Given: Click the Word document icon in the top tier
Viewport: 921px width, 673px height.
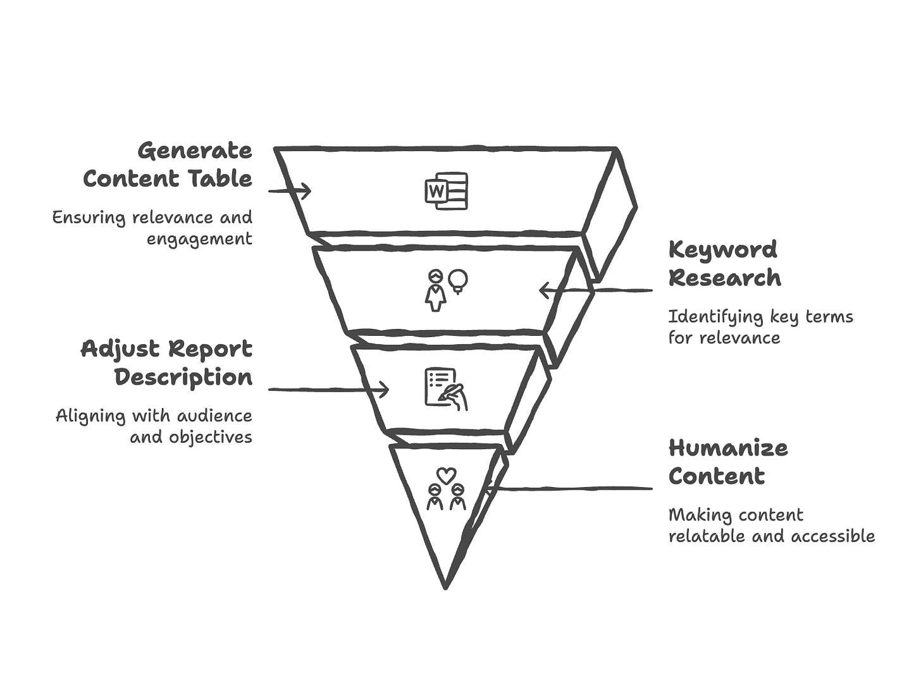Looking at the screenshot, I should click(x=447, y=190).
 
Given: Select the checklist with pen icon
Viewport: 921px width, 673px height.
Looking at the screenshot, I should click(x=445, y=388).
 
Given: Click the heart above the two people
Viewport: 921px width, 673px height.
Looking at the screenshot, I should click(x=446, y=474).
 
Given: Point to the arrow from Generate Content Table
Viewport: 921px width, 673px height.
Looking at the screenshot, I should click(x=290, y=190).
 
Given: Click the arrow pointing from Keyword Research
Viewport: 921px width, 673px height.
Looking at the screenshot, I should click(x=595, y=291).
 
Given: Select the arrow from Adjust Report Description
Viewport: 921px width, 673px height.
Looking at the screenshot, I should click(x=329, y=390).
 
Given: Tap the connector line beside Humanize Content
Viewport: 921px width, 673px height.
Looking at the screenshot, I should click(x=569, y=488).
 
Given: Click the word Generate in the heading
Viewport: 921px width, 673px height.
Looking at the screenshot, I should click(x=195, y=151).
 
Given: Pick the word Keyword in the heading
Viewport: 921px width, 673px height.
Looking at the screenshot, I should click(x=722, y=250).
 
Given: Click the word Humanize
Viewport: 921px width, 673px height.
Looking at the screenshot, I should click(x=728, y=448).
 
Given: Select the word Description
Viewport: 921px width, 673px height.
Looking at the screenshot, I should click(x=183, y=378).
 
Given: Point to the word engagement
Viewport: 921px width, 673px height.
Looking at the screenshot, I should click(x=199, y=239).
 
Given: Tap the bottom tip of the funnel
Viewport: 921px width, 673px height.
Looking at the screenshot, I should click(x=445, y=586).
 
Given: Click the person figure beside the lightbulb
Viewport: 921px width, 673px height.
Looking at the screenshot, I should click(x=435, y=290).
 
